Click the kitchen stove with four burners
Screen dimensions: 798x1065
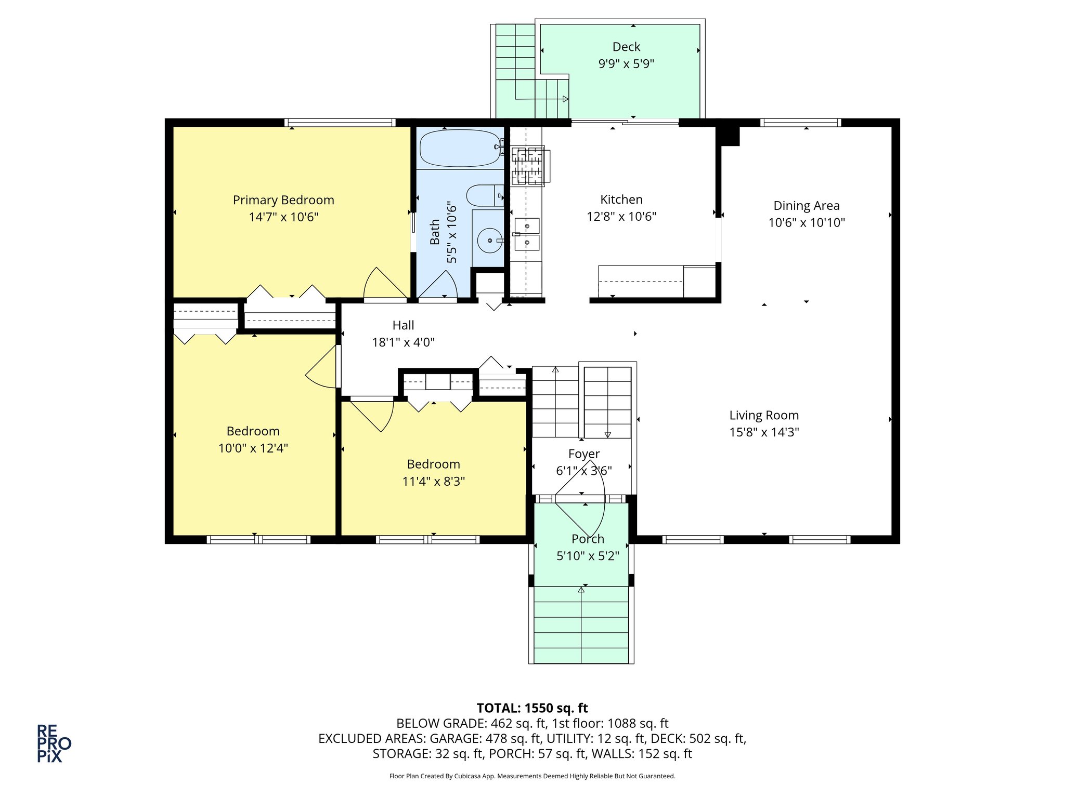coord(528,166)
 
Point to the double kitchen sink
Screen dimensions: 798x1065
coord(527,234)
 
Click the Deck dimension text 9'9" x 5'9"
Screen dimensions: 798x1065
coord(626,64)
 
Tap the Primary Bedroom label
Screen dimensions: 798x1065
coord(283,200)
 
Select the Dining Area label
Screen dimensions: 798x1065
coord(806,206)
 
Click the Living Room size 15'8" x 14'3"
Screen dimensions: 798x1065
coord(763,432)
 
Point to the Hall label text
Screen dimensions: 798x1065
coord(403,325)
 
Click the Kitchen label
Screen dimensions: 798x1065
coord(621,199)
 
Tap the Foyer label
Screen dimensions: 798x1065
coord(583,454)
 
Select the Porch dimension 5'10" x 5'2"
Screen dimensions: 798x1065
coord(588,556)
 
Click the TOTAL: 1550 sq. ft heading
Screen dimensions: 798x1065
coord(532,708)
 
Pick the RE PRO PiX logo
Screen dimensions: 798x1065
coord(53,743)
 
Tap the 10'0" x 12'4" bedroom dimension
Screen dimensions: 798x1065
coord(253,448)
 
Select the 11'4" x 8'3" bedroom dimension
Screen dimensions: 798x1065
coord(433,481)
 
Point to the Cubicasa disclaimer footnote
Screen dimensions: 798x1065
coord(532,776)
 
